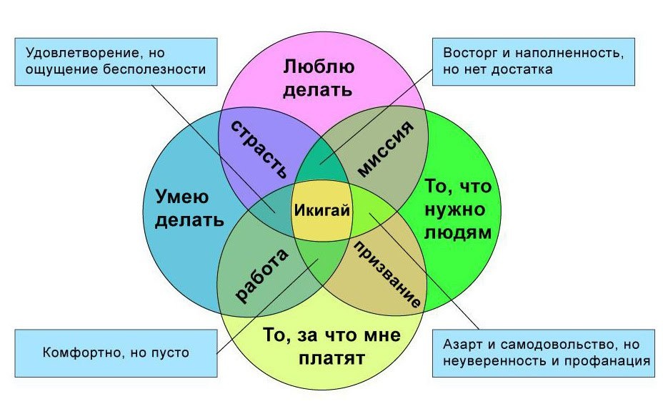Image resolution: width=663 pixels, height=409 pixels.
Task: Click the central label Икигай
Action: click(321, 210)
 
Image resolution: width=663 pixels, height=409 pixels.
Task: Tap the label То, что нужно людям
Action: click(458, 210)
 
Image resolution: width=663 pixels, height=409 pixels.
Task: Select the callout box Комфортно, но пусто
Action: click(116, 353)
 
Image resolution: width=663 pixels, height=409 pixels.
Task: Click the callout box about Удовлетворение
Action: click(116, 61)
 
